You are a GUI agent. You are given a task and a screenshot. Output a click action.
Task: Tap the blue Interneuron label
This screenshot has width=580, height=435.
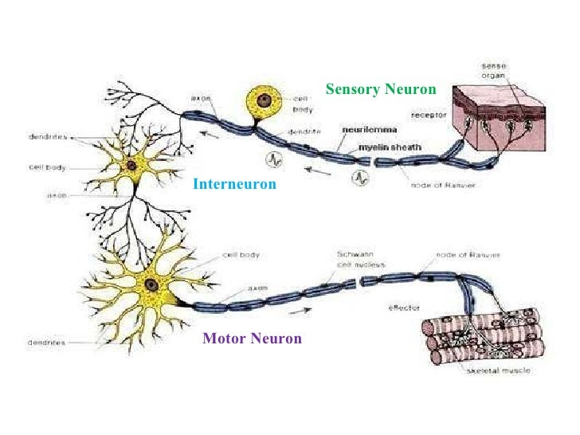tap(234, 184)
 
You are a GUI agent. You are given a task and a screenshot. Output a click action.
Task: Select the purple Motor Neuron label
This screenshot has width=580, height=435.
tap(252, 339)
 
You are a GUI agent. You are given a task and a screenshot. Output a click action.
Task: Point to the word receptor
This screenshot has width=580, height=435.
tap(427, 115)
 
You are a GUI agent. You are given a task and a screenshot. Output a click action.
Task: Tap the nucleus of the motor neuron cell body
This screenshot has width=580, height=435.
tap(150, 284)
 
